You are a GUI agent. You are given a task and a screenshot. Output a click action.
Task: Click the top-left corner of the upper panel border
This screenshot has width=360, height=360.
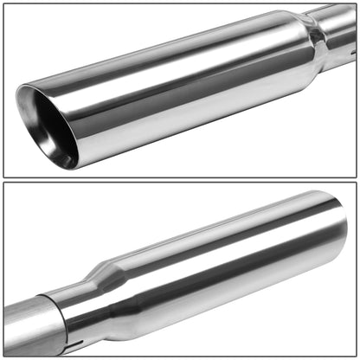3,3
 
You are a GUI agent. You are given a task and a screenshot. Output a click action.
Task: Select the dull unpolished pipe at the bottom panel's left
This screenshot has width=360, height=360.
22,329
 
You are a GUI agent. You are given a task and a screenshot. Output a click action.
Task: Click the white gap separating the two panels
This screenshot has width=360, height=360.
180,179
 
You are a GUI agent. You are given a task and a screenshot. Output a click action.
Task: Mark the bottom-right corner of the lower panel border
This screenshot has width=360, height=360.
357,357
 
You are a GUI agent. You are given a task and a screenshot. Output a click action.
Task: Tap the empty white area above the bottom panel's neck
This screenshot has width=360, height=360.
87,225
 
